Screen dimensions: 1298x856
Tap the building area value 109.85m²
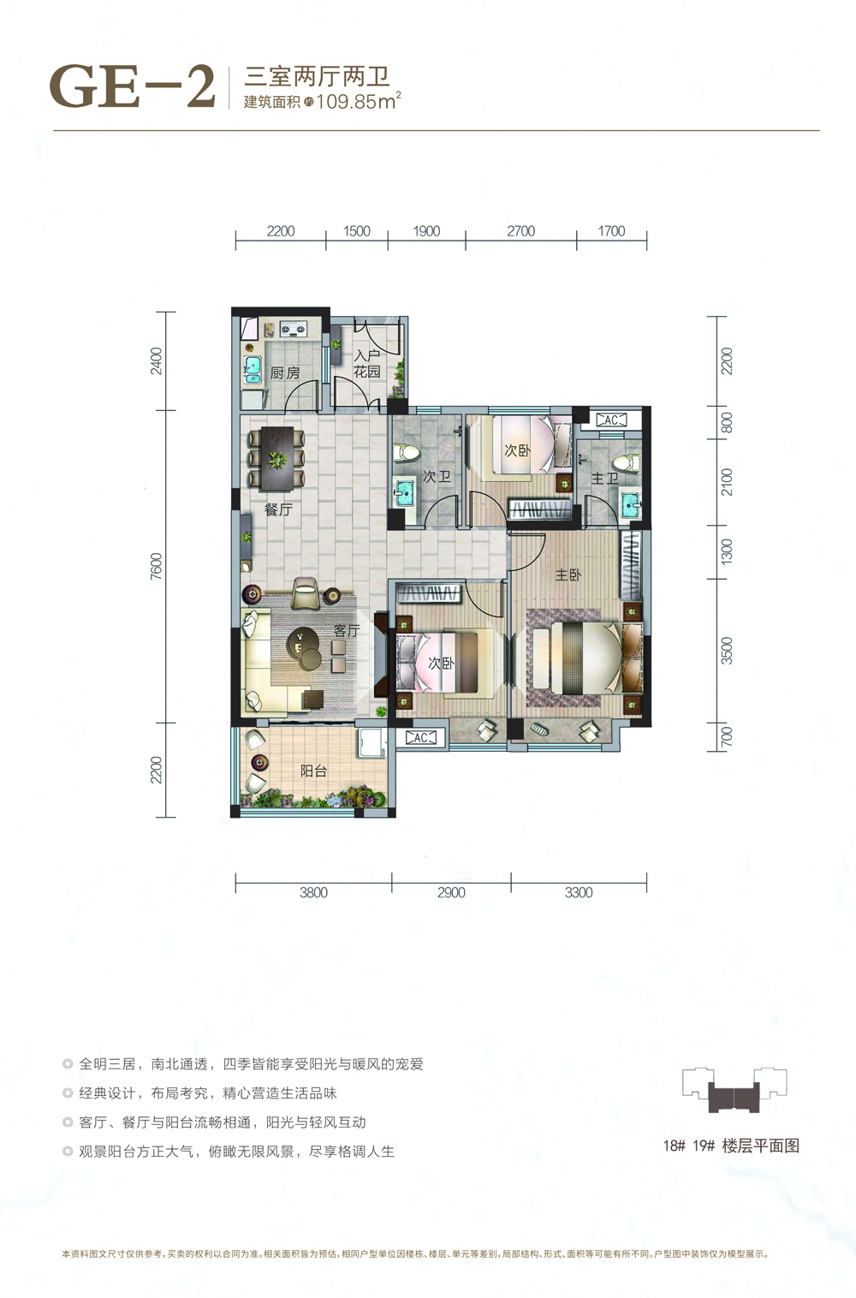tap(358, 101)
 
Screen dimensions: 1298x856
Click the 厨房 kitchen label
tap(285, 373)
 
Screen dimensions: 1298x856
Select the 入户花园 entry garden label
tap(367, 364)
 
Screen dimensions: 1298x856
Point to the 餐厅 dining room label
tap(278, 509)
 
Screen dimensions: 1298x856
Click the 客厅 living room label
tap(347, 631)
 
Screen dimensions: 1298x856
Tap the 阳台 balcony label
tap(314, 771)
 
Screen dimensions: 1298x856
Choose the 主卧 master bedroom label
tap(568, 575)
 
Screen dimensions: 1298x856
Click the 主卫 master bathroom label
tap(604, 479)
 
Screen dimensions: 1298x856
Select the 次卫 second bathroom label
tap(437, 477)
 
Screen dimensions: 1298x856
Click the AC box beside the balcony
tap(421, 737)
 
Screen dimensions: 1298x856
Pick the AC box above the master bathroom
tap(610, 420)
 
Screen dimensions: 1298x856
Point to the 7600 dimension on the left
tap(156, 566)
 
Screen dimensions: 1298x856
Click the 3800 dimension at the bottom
tap(313, 892)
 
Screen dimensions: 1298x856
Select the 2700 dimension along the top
tap(520, 231)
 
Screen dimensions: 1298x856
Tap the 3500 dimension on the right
tap(727, 651)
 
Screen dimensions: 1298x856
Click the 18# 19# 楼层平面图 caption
tap(730, 1146)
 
